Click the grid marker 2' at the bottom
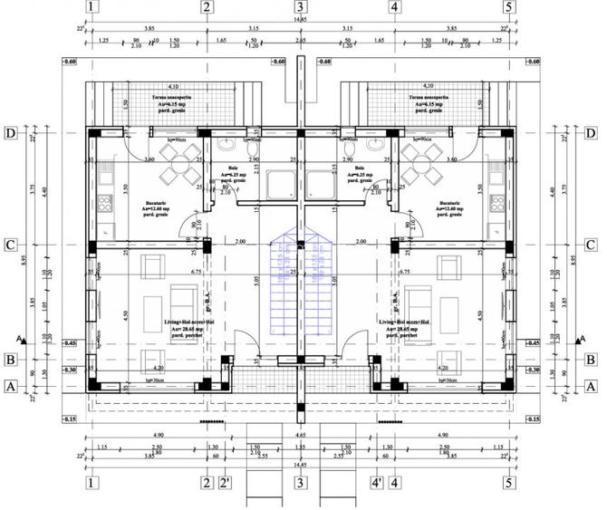pyautogui.click(x=226, y=484)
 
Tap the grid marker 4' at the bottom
pyautogui.click(x=376, y=484)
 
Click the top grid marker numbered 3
pyautogui.click(x=300, y=8)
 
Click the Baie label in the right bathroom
pyautogui.click(x=360, y=174)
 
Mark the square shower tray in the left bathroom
pyautogui.click(x=276, y=186)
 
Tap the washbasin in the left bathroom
pyautogui.click(x=225, y=148)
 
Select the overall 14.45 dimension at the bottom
pyautogui.click(x=300, y=465)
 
